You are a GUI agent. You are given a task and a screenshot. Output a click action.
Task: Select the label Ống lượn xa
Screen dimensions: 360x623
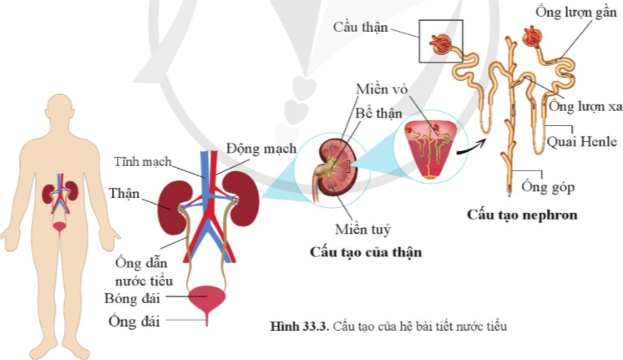585,107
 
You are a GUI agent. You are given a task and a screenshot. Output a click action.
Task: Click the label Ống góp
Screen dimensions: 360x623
547,187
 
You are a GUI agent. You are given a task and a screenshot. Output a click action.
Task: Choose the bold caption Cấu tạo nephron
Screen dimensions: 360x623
522,215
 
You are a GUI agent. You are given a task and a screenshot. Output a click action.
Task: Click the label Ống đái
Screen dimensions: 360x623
133,321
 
